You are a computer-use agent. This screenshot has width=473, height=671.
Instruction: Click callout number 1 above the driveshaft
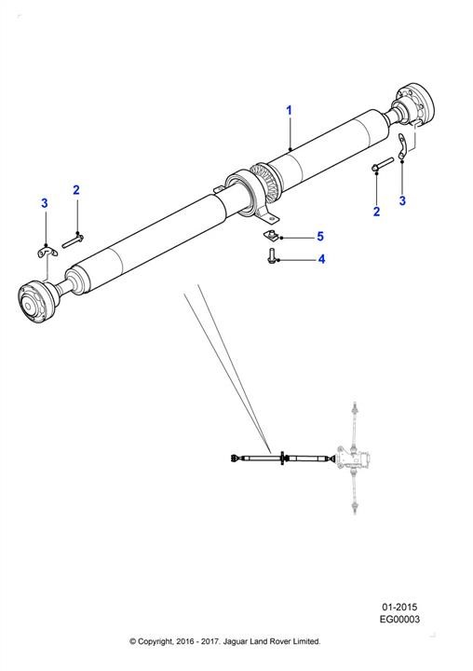[289, 110]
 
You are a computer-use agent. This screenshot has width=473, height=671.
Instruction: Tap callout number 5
[320, 236]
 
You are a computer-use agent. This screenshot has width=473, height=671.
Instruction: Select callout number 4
[321, 259]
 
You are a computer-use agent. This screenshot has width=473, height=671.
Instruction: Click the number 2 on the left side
[76, 189]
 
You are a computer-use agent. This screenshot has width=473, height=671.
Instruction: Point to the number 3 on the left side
[45, 203]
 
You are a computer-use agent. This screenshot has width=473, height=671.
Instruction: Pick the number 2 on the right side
[376, 212]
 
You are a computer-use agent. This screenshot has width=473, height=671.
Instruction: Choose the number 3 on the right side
[402, 200]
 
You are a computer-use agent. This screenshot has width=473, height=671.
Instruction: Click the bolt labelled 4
[270, 257]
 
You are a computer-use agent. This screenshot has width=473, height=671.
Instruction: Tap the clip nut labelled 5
[269, 235]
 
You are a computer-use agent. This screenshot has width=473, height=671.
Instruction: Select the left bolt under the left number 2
[73, 240]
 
